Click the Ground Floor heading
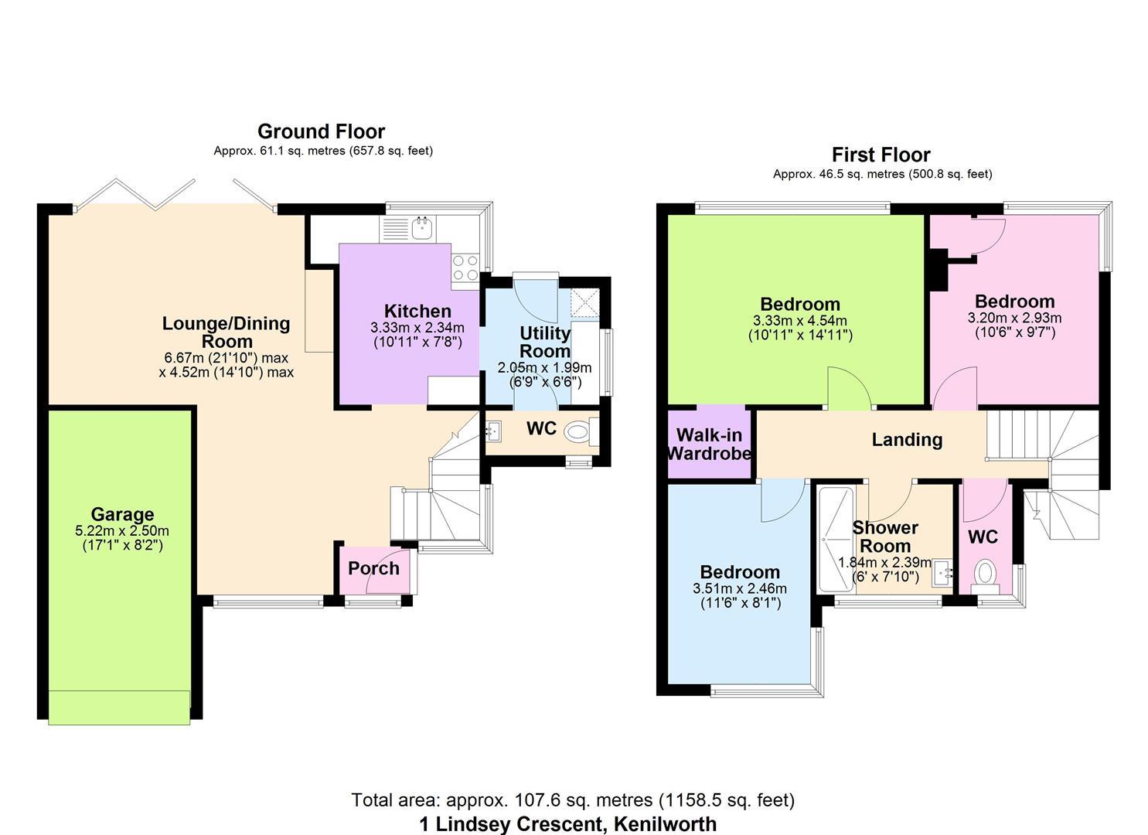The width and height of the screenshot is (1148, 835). pos(321,131)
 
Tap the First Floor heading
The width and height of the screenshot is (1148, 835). pos(881,155)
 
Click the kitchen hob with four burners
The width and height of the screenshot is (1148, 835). pos(465,268)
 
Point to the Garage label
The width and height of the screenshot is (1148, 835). pos(122,514)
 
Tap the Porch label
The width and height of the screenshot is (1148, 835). pos(373,568)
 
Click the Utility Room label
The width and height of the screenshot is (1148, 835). pos(545,342)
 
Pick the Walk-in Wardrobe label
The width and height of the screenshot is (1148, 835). pos(710,444)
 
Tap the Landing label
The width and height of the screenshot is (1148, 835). pos(907,440)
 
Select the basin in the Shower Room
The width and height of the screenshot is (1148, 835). pos(942,572)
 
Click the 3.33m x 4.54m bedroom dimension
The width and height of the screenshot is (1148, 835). pos(799,321)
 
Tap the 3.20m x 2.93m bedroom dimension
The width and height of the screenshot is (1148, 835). pos(1014,318)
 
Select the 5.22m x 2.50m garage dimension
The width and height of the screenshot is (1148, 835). pos(122,531)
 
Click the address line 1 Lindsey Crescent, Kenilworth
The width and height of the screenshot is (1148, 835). pos(568,824)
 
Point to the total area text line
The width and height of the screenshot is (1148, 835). pos(573,800)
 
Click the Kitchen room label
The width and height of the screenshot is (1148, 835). pos(417,311)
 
